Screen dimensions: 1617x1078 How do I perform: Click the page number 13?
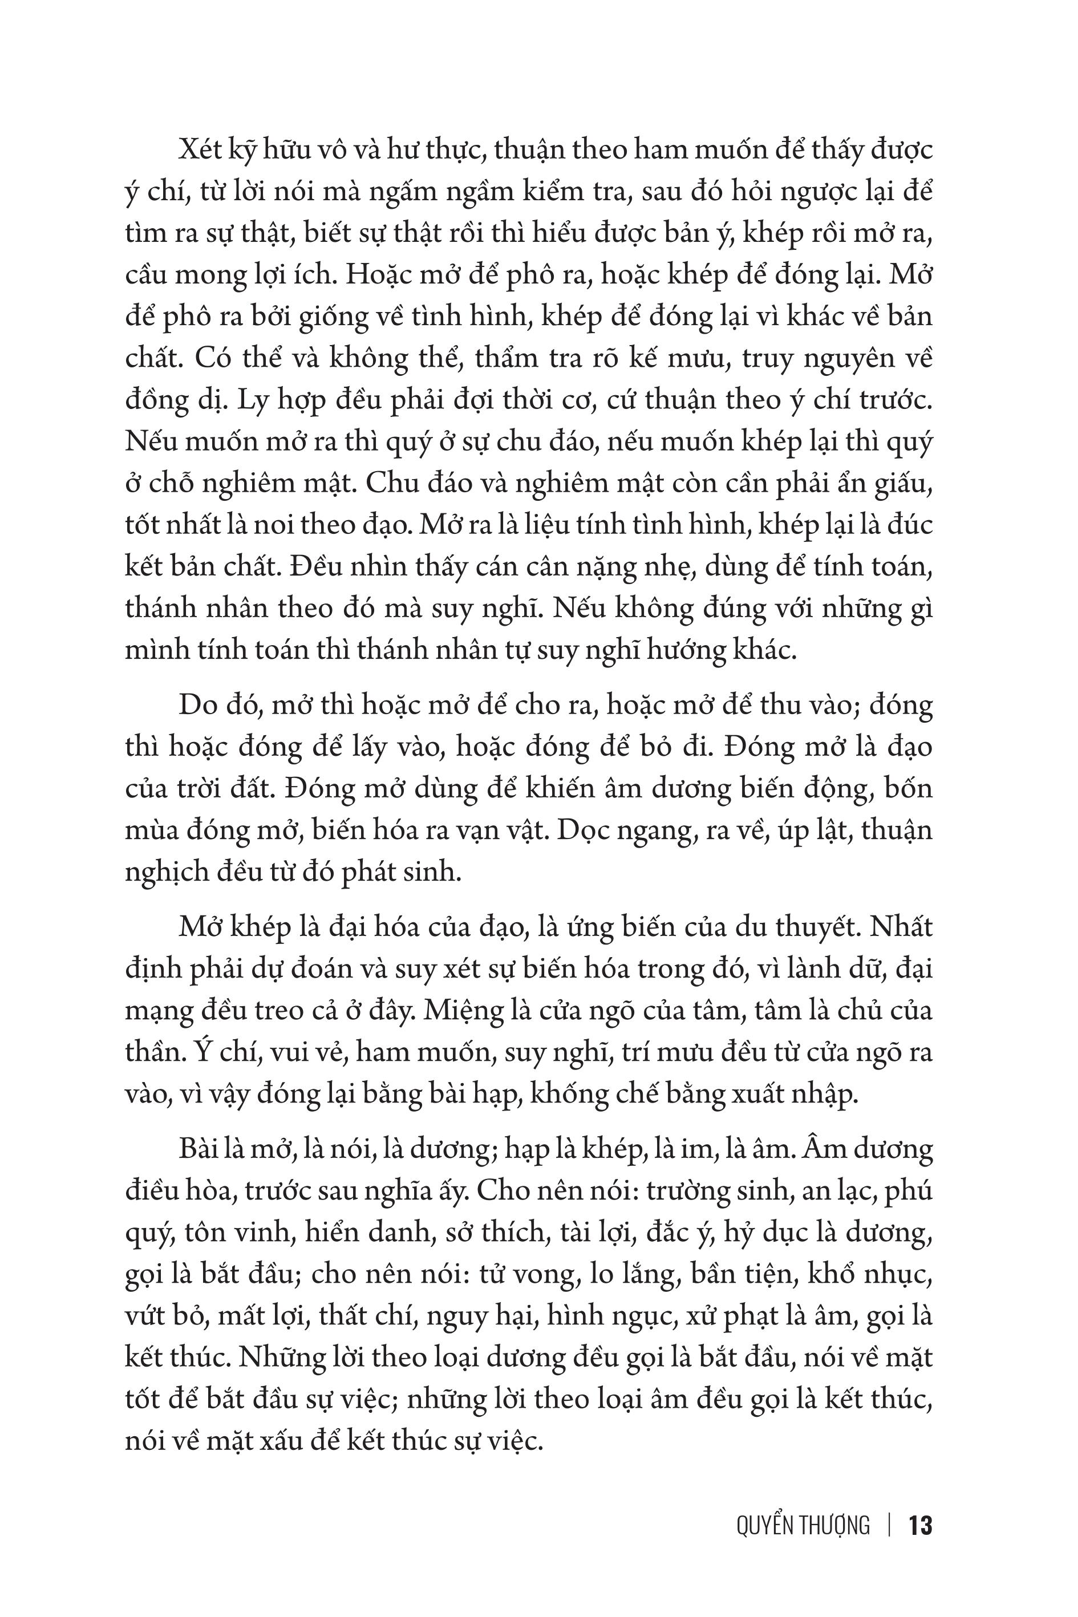coord(920,1526)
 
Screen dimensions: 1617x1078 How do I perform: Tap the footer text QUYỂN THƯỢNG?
coord(803,1526)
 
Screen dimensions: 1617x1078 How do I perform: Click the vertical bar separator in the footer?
coord(890,1526)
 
